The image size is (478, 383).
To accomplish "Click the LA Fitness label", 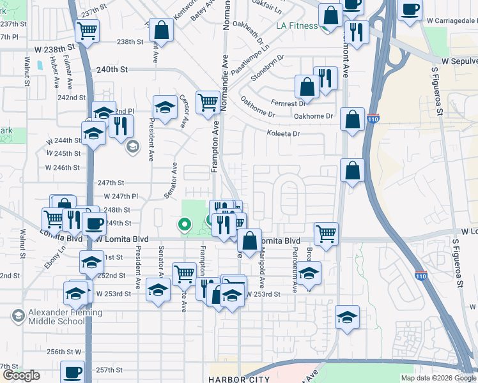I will click(297, 26).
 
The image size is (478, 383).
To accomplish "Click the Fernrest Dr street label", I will click(288, 103).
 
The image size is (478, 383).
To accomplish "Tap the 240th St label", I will click(112, 69).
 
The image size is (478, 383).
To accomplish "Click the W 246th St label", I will click(63, 167).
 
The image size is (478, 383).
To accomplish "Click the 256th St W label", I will click(65, 352).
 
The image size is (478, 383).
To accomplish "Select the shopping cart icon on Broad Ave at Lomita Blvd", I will click(326, 233).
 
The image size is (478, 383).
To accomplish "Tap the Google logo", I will click(21, 375).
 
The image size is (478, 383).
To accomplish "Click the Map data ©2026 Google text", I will click(438, 378).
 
